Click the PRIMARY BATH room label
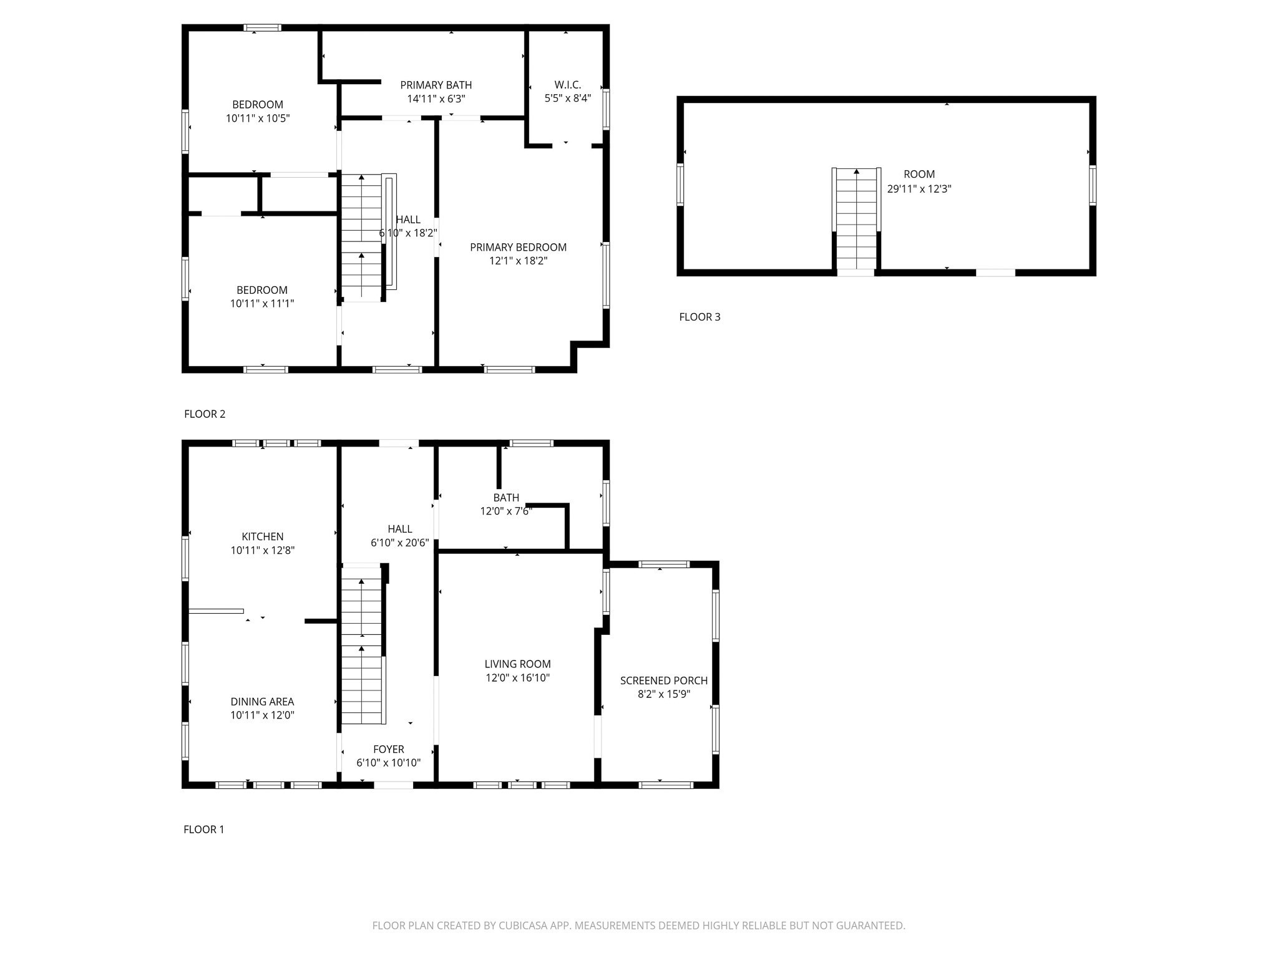436,85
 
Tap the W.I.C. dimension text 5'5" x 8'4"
567,99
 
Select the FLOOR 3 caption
700,317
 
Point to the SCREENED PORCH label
663,680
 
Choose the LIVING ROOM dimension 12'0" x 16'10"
517,678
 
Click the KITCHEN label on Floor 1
262,536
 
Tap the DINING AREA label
262,702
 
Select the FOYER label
388,749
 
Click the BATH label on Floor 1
505,498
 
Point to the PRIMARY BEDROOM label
518,247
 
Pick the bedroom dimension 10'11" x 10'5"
258,118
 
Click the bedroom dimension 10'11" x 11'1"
261,304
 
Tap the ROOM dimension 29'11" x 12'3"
919,188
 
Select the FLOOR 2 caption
205,414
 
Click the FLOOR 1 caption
203,830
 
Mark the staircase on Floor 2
361,237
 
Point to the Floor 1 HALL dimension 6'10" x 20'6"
399,543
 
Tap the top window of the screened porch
663,564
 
